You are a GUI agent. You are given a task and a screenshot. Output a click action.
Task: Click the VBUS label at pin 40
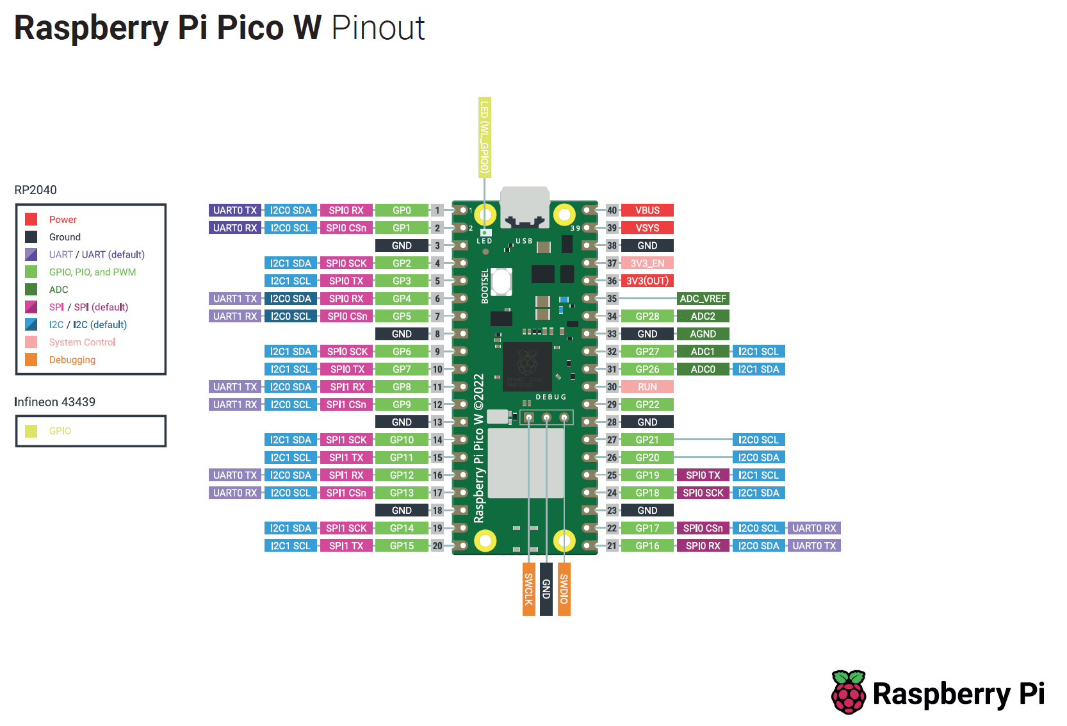click(x=647, y=210)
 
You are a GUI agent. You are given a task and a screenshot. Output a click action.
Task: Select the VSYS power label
click(x=647, y=228)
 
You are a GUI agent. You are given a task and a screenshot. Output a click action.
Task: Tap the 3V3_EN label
click(x=647, y=263)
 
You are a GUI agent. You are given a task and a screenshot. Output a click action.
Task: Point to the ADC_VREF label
click(x=703, y=299)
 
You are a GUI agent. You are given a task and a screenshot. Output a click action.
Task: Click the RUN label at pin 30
click(x=647, y=387)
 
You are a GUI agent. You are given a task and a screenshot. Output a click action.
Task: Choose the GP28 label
click(x=647, y=317)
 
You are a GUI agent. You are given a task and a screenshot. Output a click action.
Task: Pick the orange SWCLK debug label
click(x=528, y=589)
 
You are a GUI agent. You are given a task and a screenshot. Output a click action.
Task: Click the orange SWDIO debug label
click(x=564, y=589)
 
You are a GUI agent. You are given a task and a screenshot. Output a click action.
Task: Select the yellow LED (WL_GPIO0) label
click(x=485, y=137)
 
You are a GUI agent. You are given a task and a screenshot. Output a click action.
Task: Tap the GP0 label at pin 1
click(x=402, y=210)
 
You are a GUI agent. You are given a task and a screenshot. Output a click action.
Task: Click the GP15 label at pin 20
click(x=402, y=546)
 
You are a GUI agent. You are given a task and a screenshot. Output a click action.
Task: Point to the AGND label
click(x=703, y=334)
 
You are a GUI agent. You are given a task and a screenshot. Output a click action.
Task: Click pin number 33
click(x=612, y=334)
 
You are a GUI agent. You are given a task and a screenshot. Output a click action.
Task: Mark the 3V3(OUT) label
click(x=647, y=281)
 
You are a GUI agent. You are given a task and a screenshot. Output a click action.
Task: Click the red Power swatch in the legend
click(x=31, y=219)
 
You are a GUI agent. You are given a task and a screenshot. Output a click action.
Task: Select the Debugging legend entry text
click(x=72, y=360)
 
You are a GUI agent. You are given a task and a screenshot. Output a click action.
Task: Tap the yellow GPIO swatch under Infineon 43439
click(x=31, y=431)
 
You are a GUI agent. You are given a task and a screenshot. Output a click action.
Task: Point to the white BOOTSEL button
click(x=501, y=282)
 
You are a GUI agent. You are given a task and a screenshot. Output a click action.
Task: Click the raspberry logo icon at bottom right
click(x=849, y=693)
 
